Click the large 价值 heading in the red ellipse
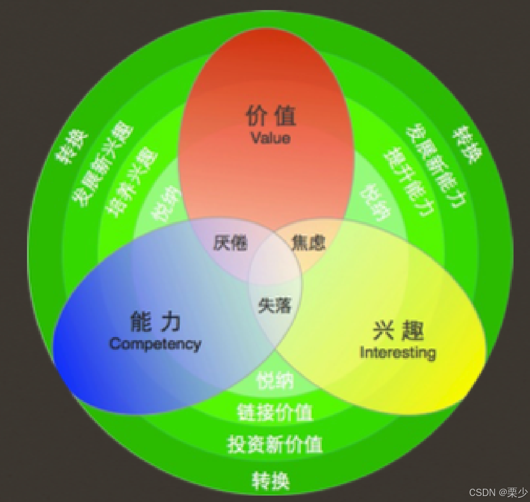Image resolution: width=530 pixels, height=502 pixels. point(271,116)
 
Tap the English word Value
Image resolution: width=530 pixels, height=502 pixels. point(270,138)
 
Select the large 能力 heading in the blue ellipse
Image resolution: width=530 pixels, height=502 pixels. point(155,321)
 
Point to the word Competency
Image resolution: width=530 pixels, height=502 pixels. point(155,343)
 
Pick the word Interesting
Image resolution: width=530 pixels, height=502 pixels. point(397,352)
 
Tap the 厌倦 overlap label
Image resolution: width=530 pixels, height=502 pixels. point(230,242)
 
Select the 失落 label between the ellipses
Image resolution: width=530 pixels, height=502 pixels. point(274,305)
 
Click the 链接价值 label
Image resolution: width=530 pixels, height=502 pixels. point(275,412)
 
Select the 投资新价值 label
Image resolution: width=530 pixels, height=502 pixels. point(275,444)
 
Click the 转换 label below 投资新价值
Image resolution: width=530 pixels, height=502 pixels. point(271,480)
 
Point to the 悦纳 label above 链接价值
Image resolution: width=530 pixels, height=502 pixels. point(275,380)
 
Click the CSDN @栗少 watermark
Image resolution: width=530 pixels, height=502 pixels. point(498,492)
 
